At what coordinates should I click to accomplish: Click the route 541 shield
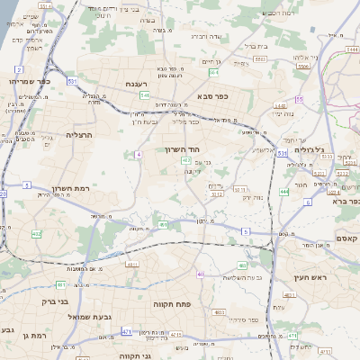pyautogui.click(x=144, y=94)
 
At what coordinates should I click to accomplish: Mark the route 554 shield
pyautogui.click(x=213, y=72)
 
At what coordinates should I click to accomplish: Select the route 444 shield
pyautogui.click(x=284, y=191)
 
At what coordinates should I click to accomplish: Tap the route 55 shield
pyautogui.click(x=299, y=99)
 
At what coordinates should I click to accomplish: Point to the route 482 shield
pyautogui.click(x=37, y=234)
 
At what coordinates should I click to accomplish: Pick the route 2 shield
pyautogui.click(x=18, y=69)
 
